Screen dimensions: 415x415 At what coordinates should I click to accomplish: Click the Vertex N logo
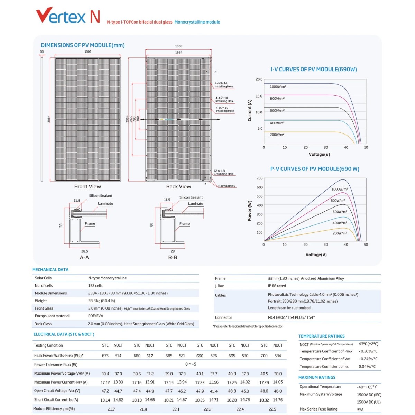tap(68, 16)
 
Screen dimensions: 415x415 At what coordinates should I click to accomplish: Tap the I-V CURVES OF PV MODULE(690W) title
tap(313, 69)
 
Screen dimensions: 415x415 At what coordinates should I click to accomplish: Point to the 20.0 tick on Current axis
tap(259, 79)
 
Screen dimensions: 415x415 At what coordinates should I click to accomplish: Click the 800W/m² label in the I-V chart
tap(277, 99)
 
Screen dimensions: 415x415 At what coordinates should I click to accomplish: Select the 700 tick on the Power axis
tap(259, 178)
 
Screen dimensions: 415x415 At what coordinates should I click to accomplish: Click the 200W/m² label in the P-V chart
tap(340, 233)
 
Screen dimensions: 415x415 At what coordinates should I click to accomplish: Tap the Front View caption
tap(87, 187)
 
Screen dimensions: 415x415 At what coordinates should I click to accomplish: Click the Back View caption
tap(178, 187)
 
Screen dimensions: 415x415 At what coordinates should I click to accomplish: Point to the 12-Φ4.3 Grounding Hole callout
tap(223, 172)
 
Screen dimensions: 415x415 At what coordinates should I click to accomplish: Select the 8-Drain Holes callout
tap(226, 186)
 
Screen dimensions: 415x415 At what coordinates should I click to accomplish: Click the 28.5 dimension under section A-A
tap(85, 251)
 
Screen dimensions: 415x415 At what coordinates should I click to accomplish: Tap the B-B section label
tap(173, 258)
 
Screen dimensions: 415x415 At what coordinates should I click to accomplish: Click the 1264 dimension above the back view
tap(178, 53)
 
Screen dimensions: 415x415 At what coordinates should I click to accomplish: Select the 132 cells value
tap(95, 286)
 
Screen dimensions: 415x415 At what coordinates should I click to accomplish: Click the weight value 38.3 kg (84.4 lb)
tap(101, 301)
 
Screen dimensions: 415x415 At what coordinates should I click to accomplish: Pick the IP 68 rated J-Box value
tap(277, 286)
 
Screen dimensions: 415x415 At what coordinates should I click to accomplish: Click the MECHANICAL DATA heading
tap(50, 270)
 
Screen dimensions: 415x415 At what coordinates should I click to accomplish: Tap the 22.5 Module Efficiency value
tap(273, 409)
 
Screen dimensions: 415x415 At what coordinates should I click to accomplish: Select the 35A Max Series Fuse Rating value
tap(360, 409)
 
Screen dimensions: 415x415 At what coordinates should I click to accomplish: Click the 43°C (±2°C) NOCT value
tap(368, 344)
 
